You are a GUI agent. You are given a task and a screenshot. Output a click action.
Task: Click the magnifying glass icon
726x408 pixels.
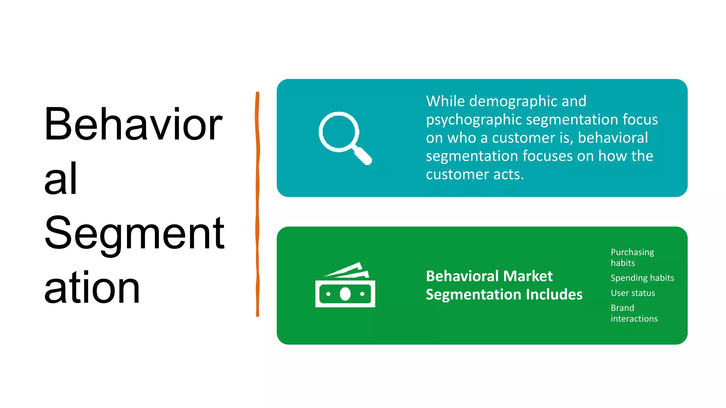click(x=344, y=137)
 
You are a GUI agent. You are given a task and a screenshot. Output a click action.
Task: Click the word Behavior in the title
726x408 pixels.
click(x=133, y=124)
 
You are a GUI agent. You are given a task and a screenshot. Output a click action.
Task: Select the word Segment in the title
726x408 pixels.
click(x=134, y=233)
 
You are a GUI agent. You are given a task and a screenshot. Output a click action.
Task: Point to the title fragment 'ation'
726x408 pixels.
click(x=92, y=288)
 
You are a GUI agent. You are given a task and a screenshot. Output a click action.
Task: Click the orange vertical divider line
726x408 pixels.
click(x=257, y=204)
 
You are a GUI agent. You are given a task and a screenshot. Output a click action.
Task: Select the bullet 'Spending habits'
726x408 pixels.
click(x=642, y=278)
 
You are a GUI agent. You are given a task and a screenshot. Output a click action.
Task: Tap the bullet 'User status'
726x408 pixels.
click(x=632, y=293)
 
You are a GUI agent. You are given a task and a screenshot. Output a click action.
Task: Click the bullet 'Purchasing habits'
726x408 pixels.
click(x=632, y=257)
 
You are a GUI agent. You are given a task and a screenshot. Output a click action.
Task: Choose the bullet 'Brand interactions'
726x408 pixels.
click(x=634, y=313)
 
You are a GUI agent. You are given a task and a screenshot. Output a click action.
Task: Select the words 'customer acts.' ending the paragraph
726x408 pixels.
click(x=475, y=175)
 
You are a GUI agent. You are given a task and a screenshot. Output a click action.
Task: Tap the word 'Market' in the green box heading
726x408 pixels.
click(x=528, y=276)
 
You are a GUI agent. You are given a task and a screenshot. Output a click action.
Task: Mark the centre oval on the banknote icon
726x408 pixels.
click(x=345, y=294)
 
